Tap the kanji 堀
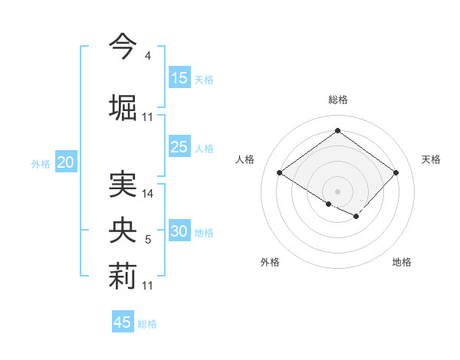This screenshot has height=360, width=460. click(123, 107)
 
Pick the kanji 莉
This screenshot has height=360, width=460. click(123, 277)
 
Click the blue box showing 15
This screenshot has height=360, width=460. click(179, 78)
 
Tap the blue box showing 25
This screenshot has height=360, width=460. click(179, 147)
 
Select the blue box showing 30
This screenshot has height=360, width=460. click(179, 232)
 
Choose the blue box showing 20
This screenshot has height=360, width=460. click(66, 162)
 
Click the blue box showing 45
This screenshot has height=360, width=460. click(123, 322)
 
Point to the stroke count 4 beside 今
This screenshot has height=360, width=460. click(147, 56)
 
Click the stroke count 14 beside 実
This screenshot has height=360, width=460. click(148, 194)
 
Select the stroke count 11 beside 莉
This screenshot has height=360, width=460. click(148, 286)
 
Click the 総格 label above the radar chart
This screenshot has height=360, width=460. click(337, 100)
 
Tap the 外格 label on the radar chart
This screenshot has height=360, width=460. click(270, 262)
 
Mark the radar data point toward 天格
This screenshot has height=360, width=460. click(396, 172)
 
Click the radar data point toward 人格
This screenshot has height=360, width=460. click(280, 173)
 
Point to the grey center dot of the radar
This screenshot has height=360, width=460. click(337, 190)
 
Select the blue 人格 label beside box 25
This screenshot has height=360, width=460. click(204, 148)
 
